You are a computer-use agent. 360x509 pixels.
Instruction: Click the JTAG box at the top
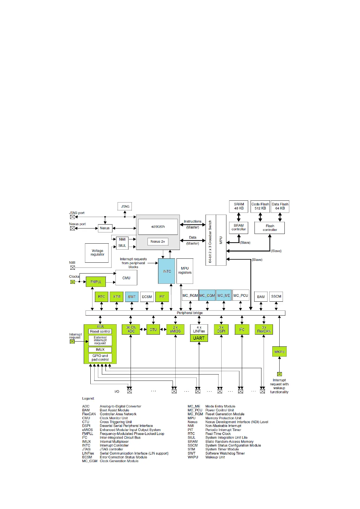(125, 206)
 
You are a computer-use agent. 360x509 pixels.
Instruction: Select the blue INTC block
(167, 271)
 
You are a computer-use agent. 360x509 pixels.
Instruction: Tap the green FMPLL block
(96, 282)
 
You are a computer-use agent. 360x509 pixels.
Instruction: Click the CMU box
(126, 278)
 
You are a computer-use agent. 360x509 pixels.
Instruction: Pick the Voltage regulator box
(97, 253)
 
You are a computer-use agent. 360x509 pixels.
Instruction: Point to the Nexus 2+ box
(158, 242)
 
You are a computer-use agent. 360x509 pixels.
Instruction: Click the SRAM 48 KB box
(239, 206)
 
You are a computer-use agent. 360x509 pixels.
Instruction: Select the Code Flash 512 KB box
(260, 206)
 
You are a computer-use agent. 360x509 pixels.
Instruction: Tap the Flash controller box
(270, 228)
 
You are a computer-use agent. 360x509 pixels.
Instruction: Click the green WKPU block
(279, 352)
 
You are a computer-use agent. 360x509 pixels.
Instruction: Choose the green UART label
(199, 338)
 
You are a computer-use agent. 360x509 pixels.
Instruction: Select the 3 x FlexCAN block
(264, 329)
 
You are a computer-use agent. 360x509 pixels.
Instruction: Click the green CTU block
(153, 329)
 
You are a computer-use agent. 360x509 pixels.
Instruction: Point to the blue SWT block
(132, 297)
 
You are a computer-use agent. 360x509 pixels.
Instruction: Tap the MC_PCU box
(241, 296)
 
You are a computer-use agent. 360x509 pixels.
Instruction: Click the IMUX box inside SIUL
(100, 349)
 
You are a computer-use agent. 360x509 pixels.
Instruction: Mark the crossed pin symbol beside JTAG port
(73, 217)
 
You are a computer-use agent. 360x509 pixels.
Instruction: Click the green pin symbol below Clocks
(73, 282)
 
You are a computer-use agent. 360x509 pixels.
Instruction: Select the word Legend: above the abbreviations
(88, 398)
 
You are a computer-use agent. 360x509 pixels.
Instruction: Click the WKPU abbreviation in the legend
(193, 457)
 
